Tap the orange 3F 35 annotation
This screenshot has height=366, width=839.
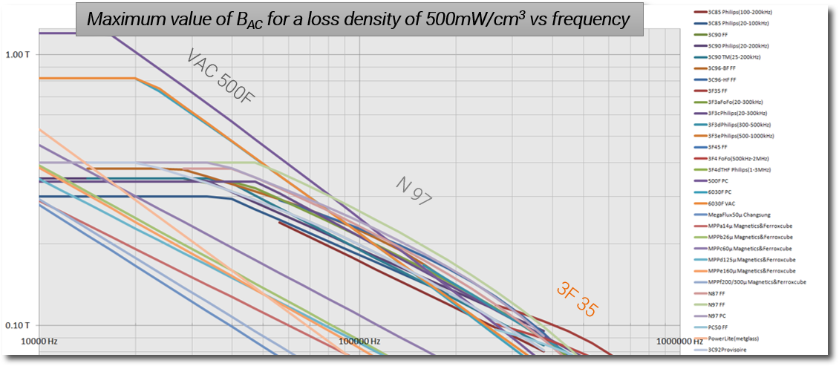pyautogui.click(x=576, y=298)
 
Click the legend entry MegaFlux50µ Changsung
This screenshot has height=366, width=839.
pyautogui.click(x=745, y=215)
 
